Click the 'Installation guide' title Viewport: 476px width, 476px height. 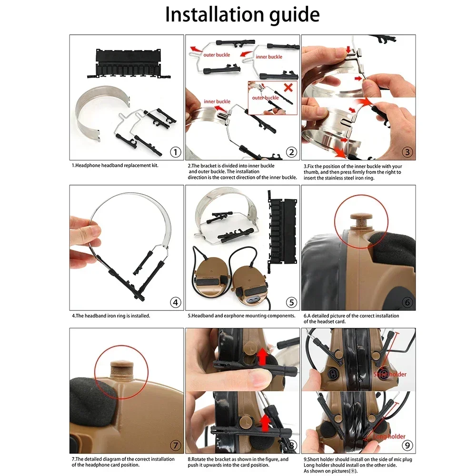[x=242, y=15]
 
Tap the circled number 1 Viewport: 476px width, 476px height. [x=176, y=152]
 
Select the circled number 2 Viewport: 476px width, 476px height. [x=292, y=152]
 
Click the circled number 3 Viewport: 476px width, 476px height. [x=408, y=152]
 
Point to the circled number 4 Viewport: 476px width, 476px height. [x=176, y=302]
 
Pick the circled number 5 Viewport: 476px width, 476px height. [x=292, y=302]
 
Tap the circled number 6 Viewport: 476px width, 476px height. [x=408, y=302]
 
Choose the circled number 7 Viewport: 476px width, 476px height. [x=176, y=446]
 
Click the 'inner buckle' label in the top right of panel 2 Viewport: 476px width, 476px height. [x=269, y=57]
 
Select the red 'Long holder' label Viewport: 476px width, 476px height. [x=389, y=436]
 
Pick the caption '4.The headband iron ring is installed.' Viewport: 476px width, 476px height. [x=111, y=315]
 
